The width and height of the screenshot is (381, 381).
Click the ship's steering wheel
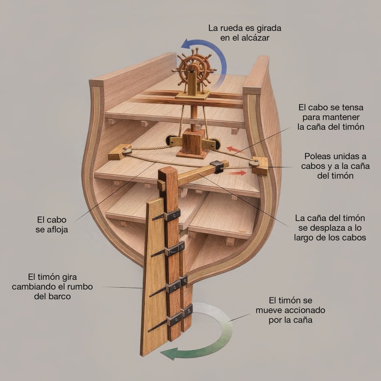(x=194, y=68)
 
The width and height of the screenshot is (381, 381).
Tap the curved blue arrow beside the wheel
(x=219, y=56)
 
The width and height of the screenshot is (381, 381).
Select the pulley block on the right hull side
(x=259, y=166)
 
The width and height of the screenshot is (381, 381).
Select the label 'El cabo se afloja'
(x=52, y=225)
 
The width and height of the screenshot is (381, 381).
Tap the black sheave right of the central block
(x=216, y=144)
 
